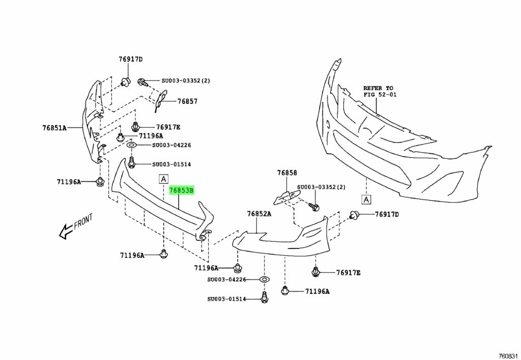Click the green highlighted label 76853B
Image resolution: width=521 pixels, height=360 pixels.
tap(182, 190)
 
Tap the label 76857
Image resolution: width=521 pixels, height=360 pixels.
tap(187, 101)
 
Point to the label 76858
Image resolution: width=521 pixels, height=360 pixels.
tap(287, 173)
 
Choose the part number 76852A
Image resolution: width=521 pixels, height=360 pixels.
tap(259, 214)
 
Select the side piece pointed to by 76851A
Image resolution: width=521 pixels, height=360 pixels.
tap(93, 122)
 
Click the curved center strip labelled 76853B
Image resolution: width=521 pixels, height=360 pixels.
tap(158, 204)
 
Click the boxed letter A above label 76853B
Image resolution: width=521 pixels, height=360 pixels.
tap(163, 179)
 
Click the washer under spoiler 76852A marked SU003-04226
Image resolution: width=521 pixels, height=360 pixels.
tap(264, 280)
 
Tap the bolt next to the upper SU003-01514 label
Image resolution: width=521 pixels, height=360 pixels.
tap(131, 163)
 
